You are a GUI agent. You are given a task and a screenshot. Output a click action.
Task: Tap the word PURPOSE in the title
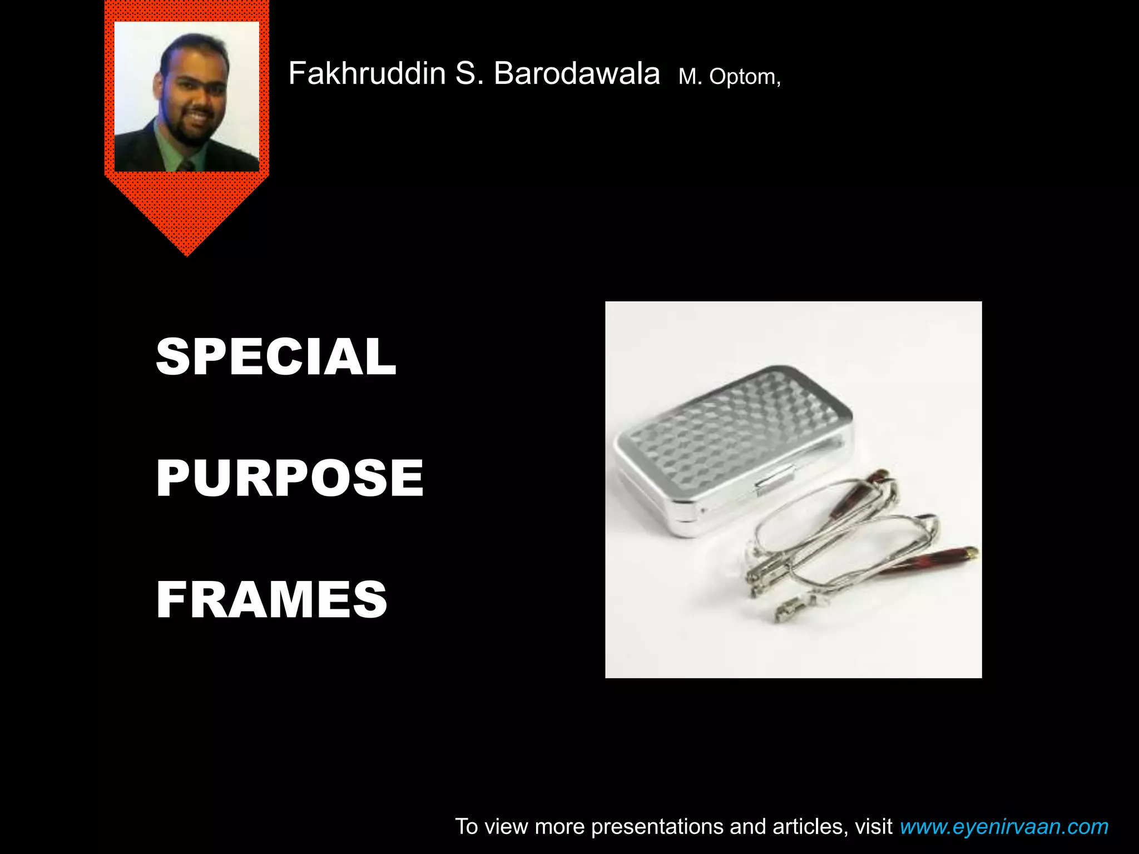(290, 478)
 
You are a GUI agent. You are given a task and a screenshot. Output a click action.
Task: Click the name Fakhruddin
(367, 74)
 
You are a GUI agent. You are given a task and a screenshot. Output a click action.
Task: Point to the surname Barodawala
(576, 74)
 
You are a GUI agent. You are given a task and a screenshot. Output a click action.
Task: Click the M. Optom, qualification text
(730, 77)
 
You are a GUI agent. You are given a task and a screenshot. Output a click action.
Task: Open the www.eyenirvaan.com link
(1004, 827)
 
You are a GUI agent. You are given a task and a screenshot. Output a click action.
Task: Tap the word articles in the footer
(810, 827)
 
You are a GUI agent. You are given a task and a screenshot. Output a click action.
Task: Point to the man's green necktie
(187, 165)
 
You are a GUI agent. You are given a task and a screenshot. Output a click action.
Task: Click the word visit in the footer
(874, 827)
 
